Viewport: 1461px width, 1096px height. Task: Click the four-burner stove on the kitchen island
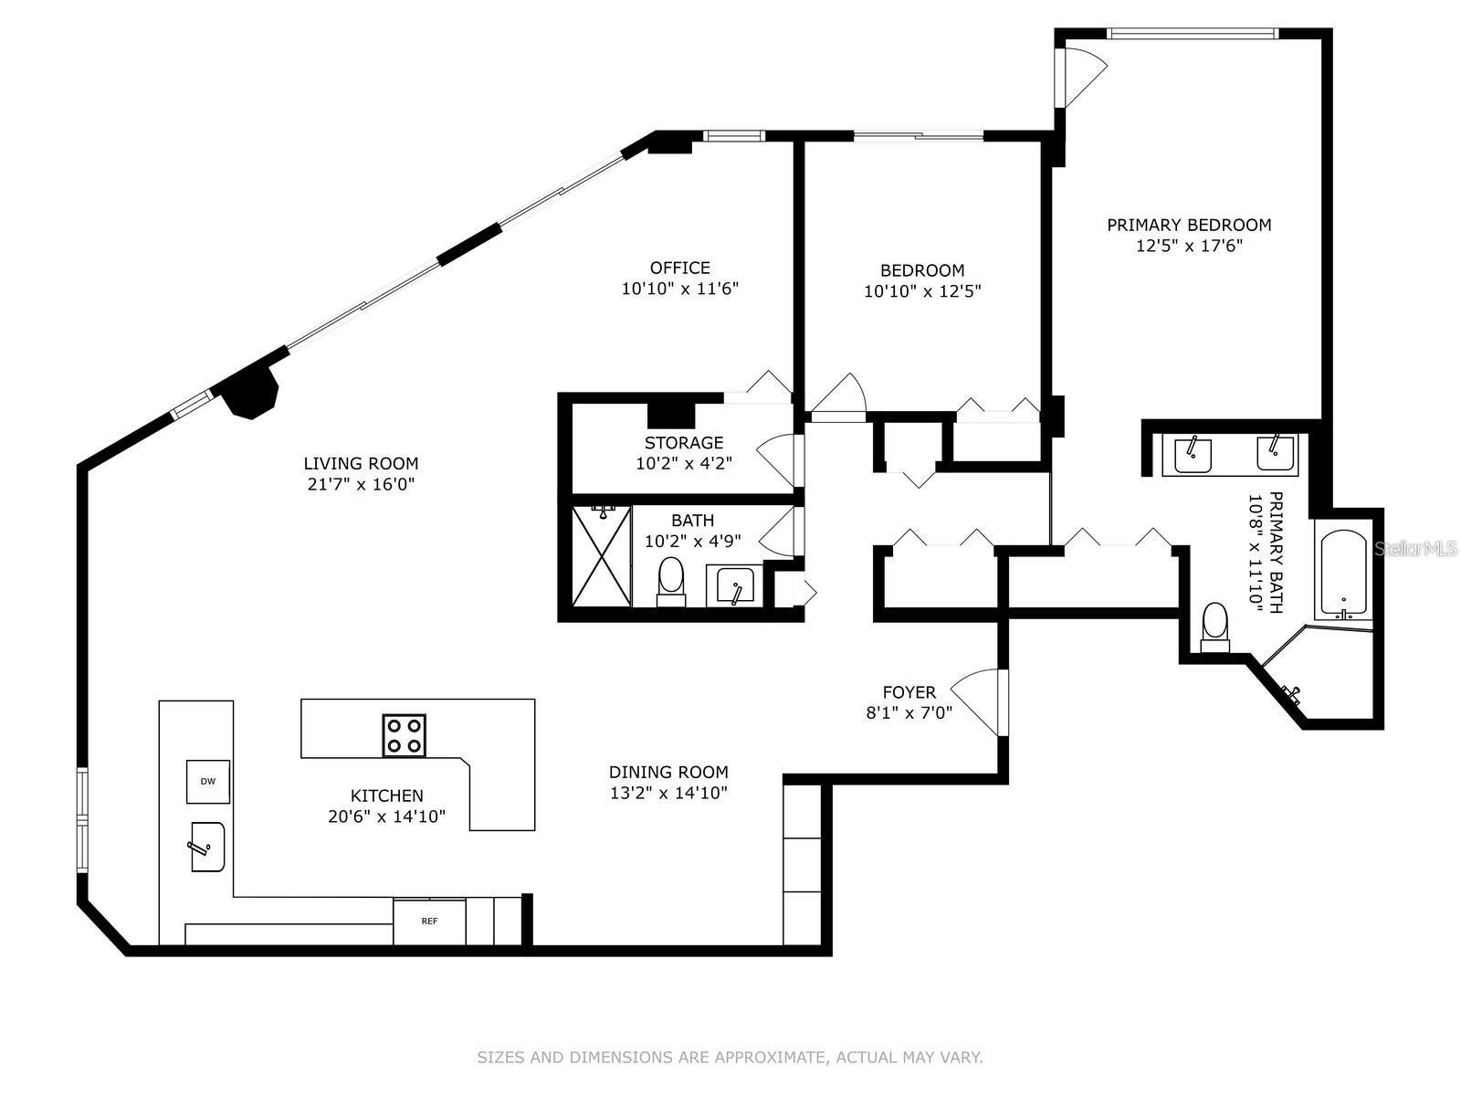tap(404, 735)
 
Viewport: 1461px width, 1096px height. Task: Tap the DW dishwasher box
tap(207, 781)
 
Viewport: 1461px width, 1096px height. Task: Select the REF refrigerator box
tap(429, 922)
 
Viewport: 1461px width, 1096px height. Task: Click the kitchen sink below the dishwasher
tap(207, 847)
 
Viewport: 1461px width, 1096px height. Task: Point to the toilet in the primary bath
tap(1214, 627)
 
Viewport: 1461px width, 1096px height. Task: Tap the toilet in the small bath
tap(670, 580)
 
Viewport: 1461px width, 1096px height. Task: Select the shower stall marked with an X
tap(601, 555)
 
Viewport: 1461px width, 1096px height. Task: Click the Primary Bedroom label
tap(1189, 225)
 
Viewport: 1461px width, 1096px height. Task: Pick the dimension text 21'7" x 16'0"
tap(361, 484)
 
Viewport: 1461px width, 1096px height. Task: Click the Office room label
tap(679, 268)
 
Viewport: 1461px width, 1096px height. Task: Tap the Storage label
tap(683, 443)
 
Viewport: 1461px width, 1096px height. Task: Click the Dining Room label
tap(668, 772)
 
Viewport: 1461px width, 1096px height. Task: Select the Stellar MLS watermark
tap(1415, 549)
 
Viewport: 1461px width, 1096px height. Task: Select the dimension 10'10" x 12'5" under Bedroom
tap(922, 291)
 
